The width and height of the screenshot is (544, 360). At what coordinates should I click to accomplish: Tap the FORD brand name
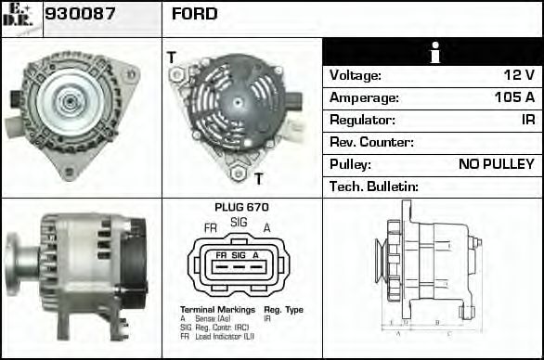[195, 14]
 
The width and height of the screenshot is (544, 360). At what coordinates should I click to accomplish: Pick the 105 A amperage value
[514, 97]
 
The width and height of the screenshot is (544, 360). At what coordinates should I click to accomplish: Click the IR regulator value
[527, 120]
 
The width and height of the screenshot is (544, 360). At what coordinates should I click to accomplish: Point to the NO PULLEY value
[496, 164]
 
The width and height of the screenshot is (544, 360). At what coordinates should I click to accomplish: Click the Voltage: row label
[356, 75]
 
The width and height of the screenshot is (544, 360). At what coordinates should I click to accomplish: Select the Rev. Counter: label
[371, 142]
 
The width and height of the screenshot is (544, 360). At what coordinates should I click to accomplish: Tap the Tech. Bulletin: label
[374, 186]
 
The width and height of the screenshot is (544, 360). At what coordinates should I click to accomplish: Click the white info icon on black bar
[434, 53]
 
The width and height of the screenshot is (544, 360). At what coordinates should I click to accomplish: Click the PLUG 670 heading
[241, 207]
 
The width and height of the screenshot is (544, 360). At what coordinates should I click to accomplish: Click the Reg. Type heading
[284, 309]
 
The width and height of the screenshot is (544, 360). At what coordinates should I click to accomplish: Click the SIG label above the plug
[239, 223]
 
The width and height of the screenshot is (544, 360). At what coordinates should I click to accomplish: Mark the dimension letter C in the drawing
[449, 331]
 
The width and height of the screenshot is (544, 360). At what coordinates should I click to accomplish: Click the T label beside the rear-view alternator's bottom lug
[259, 178]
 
